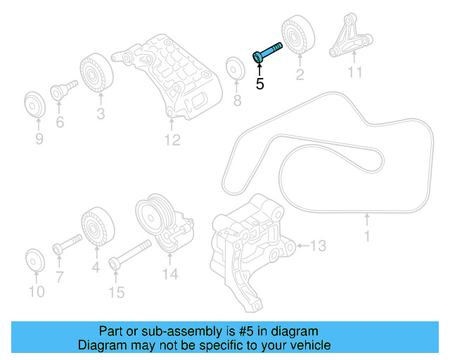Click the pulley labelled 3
(x=93, y=72)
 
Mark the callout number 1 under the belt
(x=366, y=237)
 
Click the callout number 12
(x=172, y=141)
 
